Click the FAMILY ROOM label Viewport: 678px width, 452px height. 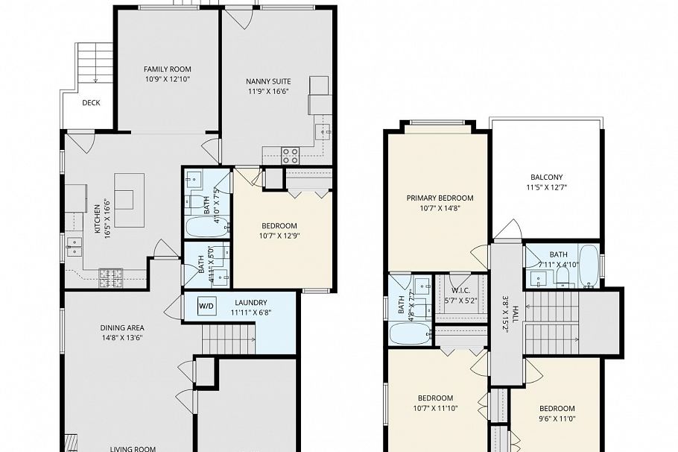(168, 69)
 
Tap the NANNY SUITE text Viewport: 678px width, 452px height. (268, 81)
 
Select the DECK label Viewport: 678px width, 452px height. (91, 104)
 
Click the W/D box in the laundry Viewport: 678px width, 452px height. (206, 305)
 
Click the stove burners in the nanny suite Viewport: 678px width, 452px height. (290, 156)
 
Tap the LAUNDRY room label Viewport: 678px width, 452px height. (250, 302)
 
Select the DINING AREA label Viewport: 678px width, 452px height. (122, 327)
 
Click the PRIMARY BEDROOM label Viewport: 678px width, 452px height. (440, 198)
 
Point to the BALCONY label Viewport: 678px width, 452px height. (546, 177)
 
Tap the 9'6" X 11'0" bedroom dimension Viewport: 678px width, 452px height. (557, 419)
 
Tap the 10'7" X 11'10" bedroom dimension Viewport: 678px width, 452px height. (435, 408)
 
